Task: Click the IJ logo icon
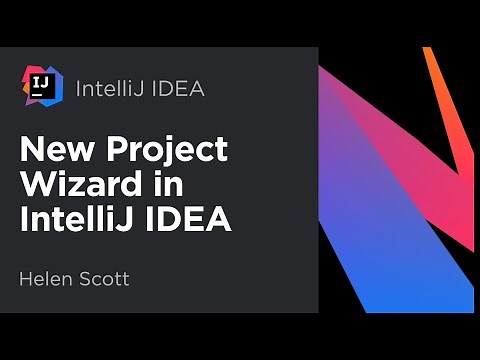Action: click(41, 86)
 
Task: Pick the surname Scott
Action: click(105, 277)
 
